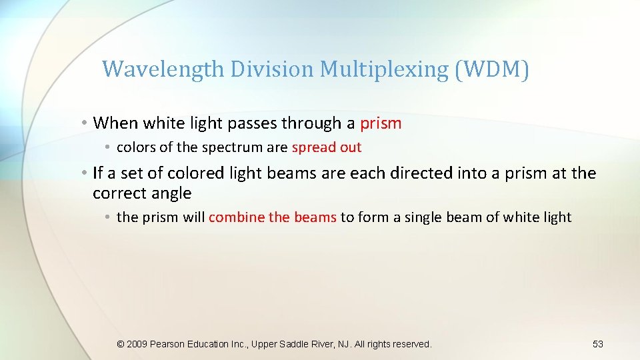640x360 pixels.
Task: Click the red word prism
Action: pyautogui.click(x=381, y=123)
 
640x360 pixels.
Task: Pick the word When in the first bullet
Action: pyautogui.click(x=115, y=123)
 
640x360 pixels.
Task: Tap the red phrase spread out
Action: pyautogui.click(x=327, y=147)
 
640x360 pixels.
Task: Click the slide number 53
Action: pyautogui.click(x=597, y=344)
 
